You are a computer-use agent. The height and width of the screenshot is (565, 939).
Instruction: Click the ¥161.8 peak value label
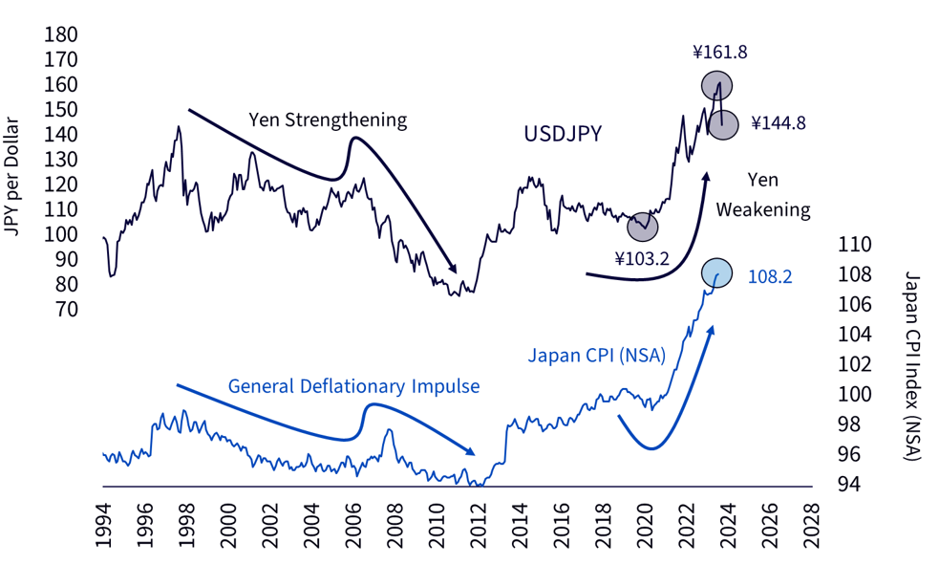tap(720, 53)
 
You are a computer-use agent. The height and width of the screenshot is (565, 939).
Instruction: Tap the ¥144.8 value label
tap(779, 122)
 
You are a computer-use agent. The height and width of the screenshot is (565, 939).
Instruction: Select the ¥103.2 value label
tap(642, 258)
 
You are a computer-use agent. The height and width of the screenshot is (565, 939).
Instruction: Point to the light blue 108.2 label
tap(770, 276)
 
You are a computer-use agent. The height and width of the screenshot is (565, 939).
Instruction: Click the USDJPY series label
tap(563, 134)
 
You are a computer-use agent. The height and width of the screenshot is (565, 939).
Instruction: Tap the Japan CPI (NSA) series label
tap(596, 356)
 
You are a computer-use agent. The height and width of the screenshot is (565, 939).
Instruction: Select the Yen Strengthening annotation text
tap(328, 120)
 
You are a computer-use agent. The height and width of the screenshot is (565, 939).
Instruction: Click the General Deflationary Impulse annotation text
tap(354, 386)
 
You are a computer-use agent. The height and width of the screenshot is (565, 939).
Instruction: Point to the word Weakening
tap(763, 209)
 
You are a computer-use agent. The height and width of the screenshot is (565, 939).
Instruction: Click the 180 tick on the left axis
tap(61, 34)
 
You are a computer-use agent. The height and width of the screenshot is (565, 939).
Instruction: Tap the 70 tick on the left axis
tap(67, 309)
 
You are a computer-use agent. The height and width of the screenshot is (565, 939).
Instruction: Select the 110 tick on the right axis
tap(855, 245)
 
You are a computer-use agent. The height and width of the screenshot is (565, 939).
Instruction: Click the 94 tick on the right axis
tap(849, 484)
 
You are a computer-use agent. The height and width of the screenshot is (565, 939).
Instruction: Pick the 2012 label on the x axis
tap(478, 526)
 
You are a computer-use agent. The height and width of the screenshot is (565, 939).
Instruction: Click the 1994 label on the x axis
tap(104, 526)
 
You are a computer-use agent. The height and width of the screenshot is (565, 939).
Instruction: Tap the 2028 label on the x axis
tap(811, 526)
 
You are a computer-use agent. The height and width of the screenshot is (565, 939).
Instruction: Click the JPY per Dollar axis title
tap(12, 178)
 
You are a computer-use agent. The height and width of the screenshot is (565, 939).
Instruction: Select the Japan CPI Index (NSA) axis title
tap(912, 366)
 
